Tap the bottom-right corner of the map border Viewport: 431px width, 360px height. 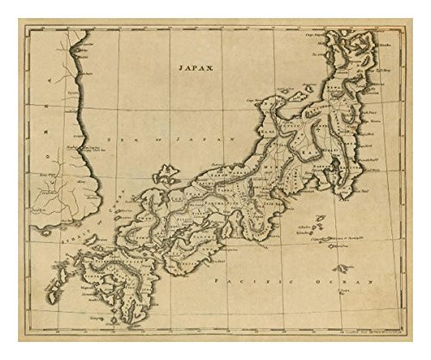407,335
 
